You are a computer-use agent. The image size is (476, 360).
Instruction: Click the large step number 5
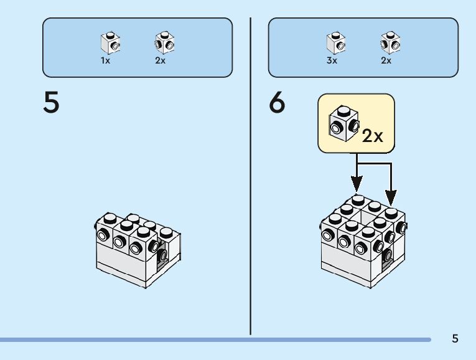51,102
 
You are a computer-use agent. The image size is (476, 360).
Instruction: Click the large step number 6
277,102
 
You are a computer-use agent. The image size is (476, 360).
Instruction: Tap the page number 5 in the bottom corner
455,338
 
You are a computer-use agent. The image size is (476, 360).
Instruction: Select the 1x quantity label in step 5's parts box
105,60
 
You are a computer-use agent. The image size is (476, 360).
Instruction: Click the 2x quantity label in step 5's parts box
161,60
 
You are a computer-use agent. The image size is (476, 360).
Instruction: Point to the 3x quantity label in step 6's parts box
332,60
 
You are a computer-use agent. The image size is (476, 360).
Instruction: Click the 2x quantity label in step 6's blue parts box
386,60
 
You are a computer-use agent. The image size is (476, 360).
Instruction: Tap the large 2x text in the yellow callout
373,136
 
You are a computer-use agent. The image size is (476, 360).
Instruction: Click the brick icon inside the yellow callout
344,123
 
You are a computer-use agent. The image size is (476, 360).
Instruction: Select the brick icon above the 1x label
111,42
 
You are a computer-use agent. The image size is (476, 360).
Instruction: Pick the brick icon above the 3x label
336,42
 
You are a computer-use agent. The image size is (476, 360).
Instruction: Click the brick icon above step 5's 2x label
164,42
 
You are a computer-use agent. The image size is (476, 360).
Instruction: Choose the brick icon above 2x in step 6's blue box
390,42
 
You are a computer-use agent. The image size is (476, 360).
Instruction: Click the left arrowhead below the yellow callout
357,184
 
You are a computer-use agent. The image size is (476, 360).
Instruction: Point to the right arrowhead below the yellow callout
391,197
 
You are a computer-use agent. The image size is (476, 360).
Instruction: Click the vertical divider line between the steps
251,176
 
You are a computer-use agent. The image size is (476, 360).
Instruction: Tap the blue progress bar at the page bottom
215,339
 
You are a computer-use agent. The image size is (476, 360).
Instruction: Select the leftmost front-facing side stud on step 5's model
103,235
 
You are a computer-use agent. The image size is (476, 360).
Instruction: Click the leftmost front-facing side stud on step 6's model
327,235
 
